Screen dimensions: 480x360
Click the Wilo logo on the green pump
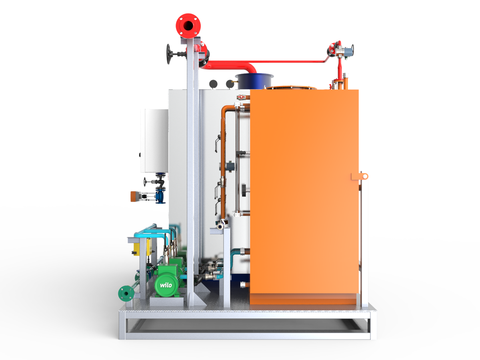166,285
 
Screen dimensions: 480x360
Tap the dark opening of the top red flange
188,26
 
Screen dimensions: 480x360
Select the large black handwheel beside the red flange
169,54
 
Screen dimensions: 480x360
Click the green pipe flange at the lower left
126,293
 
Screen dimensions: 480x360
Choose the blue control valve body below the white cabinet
160,196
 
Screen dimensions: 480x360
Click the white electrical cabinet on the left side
154,140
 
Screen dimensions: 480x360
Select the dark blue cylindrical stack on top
254,81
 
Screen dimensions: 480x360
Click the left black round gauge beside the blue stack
213,84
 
